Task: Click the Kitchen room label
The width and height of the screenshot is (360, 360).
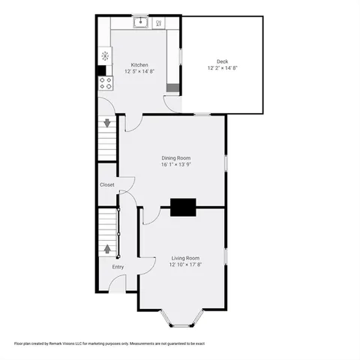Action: coord(140,65)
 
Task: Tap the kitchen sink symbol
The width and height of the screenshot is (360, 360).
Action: coord(140,22)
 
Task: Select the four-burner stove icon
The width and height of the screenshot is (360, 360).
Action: coord(105,83)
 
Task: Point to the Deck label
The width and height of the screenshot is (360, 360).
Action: coord(222,61)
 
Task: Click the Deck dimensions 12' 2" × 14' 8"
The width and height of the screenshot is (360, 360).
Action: coord(222,68)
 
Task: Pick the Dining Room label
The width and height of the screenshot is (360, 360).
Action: coord(176,157)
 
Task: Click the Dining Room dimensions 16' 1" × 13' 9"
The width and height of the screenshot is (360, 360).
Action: coord(176,165)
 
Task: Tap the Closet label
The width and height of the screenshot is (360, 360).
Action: coord(107,184)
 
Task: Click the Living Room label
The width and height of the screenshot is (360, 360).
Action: coord(184,257)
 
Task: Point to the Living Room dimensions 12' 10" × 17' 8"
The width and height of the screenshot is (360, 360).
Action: coord(184,264)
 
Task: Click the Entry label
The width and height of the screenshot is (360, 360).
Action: coord(118,267)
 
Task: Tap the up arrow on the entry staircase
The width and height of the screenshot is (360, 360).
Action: coord(106,248)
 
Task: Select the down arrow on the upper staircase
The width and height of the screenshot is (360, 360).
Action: coord(106,122)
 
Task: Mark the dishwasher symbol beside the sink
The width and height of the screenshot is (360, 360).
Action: coord(159,23)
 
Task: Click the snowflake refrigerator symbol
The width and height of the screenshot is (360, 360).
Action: coord(105,55)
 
